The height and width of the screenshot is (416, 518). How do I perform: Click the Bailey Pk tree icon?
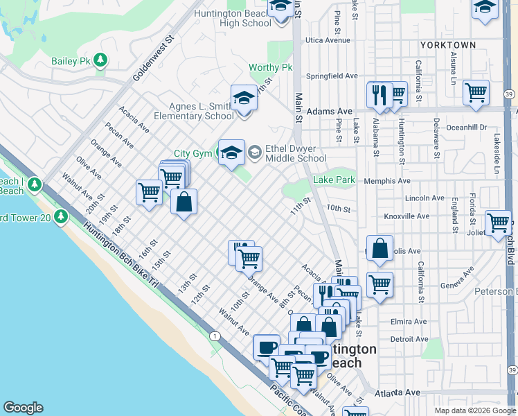pyautogui.click(x=102, y=61)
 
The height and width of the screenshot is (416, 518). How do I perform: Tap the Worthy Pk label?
pyautogui.click(x=271, y=68)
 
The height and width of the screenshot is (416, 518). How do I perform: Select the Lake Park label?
pyautogui.click(x=334, y=180)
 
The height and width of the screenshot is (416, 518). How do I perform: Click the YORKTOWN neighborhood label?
pyautogui.click(x=447, y=45)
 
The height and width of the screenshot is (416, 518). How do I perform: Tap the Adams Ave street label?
pyautogui.click(x=330, y=111)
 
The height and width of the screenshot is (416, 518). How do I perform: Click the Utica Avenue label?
pyautogui.click(x=328, y=40)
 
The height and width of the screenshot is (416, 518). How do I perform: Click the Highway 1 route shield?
pyautogui.click(x=216, y=336)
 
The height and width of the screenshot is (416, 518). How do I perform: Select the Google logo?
pyautogui.click(x=23, y=408)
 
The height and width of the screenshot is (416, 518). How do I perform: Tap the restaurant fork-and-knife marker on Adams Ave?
pyautogui.click(x=378, y=94)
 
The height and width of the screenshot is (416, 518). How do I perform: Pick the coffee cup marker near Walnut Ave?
pyautogui.click(x=266, y=346)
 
